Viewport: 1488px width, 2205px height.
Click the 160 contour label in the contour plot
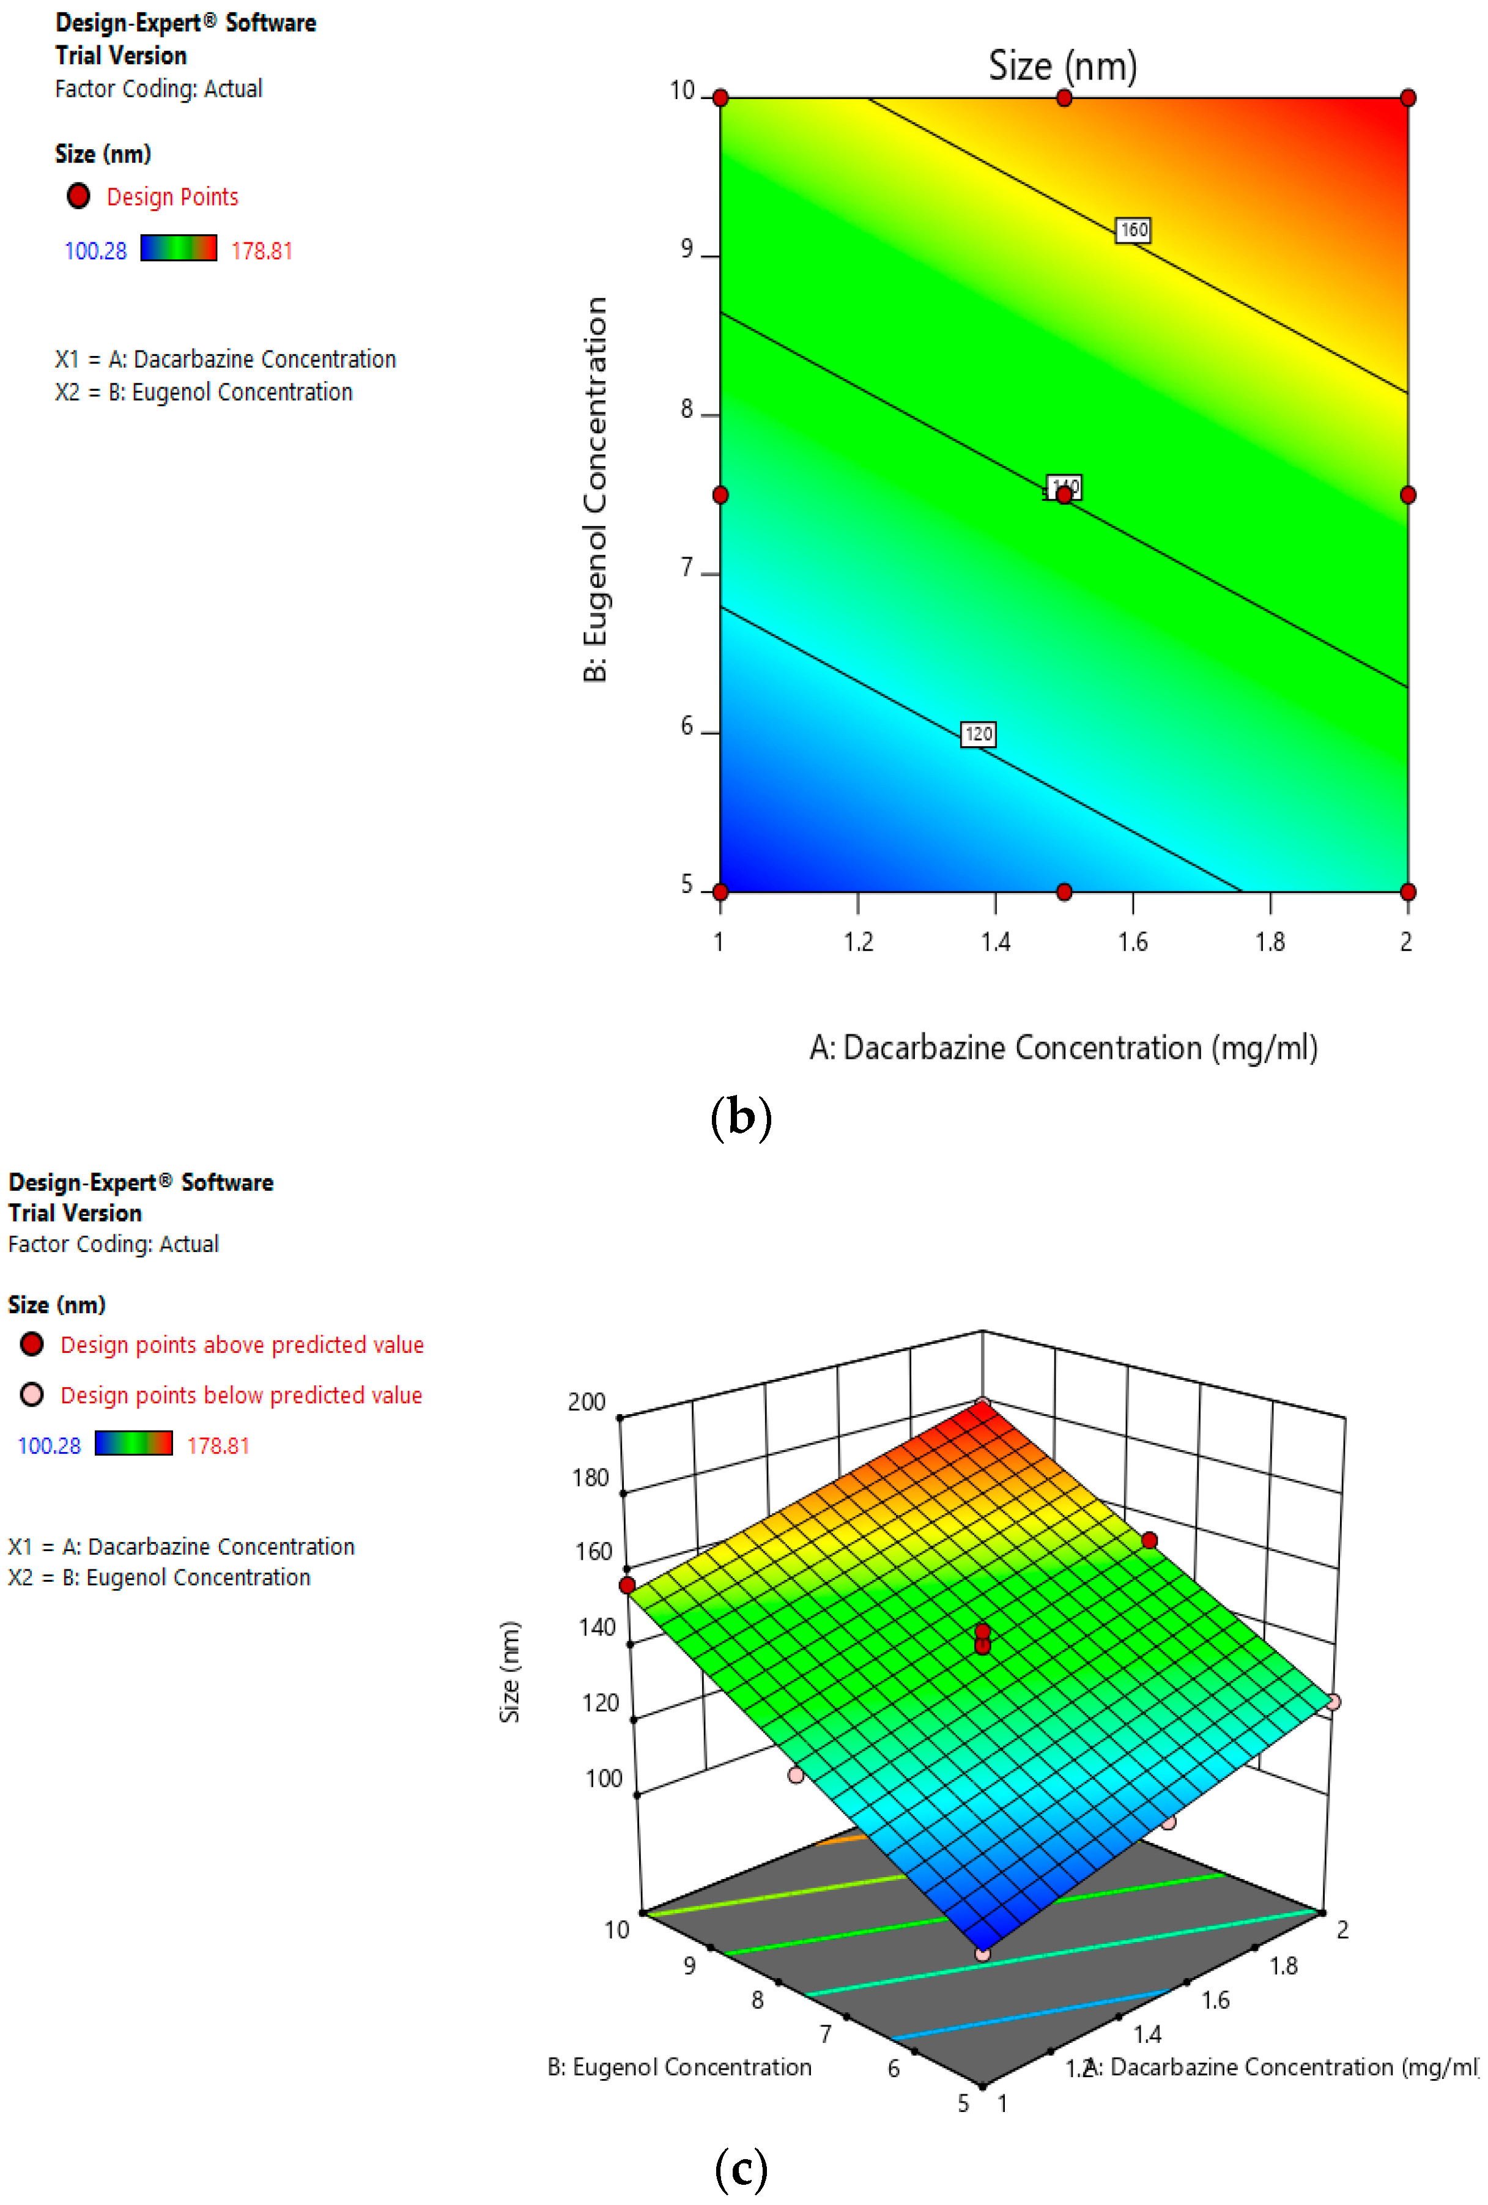pos(1133,229)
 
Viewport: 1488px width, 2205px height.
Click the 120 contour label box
pos(979,733)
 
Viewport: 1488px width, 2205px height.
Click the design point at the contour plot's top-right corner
pos(1407,98)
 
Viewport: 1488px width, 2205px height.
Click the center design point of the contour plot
pos(1064,494)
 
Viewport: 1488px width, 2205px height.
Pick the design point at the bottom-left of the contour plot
pos(720,892)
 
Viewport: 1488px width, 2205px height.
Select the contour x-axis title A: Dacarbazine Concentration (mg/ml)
pos(1063,1048)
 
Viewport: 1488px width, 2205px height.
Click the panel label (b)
pos(741,1117)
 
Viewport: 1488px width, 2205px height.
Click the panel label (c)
pos(741,2168)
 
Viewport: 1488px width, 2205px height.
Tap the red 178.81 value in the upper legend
pos(262,251)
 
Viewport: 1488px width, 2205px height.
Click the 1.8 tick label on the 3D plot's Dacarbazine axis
pos(1283,1965)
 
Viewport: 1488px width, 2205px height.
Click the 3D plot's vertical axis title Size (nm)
pos(509,1671)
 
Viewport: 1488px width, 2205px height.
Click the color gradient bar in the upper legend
pos(179,248)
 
